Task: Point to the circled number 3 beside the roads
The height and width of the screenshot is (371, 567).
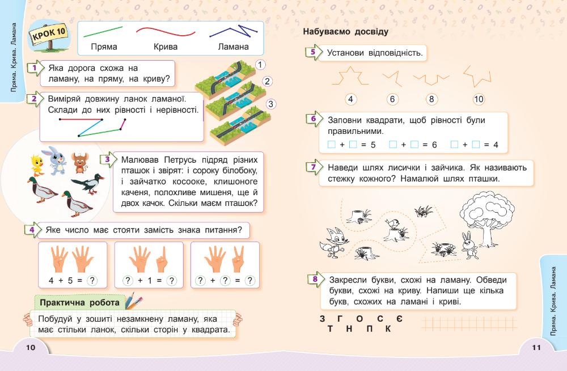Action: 271,104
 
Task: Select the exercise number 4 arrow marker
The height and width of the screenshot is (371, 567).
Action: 33,230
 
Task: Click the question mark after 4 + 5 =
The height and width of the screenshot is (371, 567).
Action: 93,280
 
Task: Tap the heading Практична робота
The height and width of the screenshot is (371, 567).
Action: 80,302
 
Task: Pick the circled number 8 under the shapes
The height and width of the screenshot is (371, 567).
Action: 431,99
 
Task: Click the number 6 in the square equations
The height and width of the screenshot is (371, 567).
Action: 434,145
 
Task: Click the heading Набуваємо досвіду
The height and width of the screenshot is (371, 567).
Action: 345,32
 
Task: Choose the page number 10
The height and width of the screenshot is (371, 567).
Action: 31,348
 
